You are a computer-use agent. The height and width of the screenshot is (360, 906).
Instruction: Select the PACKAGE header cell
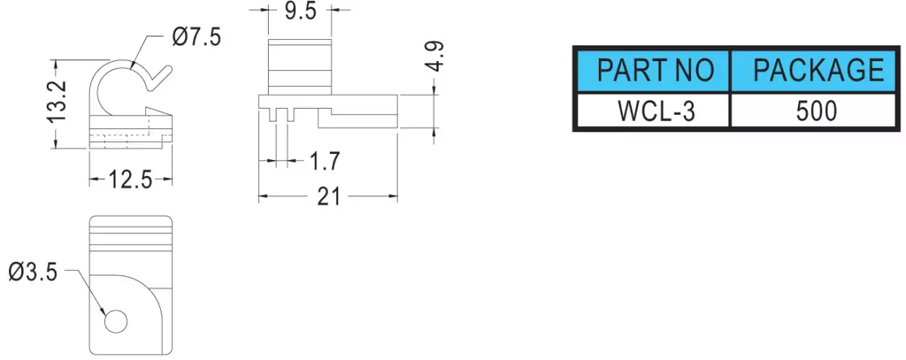[814, 70]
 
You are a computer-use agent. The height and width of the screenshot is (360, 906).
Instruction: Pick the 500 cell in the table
[814, 110]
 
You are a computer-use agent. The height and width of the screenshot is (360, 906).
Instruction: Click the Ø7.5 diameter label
[196, 37]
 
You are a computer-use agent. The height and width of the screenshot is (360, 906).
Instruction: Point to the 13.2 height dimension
[56, 102]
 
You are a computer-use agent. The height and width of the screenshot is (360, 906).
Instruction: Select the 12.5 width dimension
[130, 180]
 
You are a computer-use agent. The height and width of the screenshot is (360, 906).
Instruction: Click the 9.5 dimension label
[300, 11]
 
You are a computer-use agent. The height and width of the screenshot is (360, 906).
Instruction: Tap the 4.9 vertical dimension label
[435, 56]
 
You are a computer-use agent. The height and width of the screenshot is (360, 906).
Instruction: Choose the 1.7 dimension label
[325, 161]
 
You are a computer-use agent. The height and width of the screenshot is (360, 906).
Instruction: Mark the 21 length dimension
[328, 197]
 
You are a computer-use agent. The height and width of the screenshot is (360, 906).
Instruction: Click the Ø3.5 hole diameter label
[33, 272]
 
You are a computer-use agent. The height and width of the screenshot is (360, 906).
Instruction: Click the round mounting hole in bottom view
[116, 322]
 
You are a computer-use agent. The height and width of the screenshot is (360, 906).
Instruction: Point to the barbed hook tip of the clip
[159, 112]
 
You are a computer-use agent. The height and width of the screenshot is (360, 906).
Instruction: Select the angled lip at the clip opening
[161, 78]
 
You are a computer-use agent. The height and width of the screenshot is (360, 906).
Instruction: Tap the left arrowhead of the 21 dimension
[263, 196]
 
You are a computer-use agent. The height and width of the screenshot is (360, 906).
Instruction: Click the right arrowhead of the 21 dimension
[393, 196]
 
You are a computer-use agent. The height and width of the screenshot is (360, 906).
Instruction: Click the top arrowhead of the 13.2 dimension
[56, 64]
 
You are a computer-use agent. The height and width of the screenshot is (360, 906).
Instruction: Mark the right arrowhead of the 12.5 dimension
[168, 179]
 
